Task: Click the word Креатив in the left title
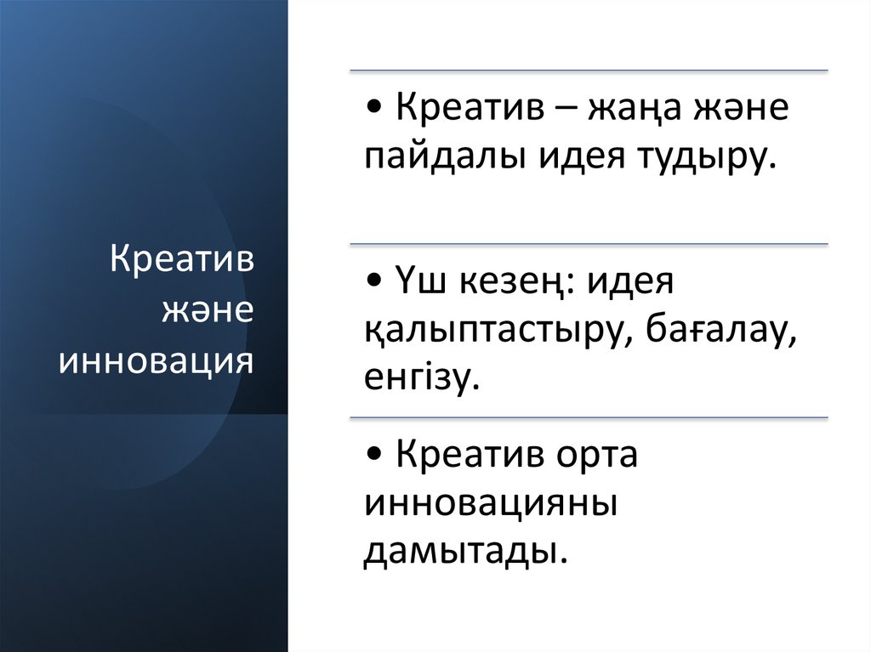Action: tap(182, 260)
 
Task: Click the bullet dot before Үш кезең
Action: tap(375, 283)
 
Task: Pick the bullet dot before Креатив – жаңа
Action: tap(375, 111)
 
